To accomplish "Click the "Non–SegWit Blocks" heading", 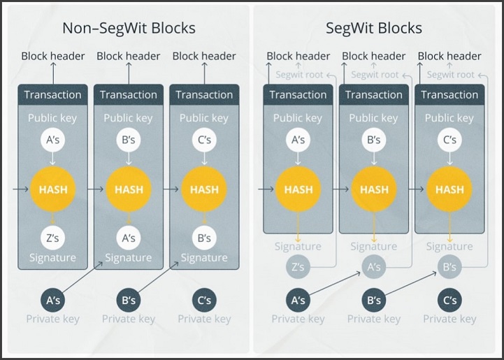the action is point(129,28).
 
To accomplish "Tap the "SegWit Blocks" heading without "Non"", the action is point(374,28).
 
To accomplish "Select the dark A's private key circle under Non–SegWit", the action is point(53,300).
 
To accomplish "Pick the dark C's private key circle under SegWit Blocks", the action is point(449,300).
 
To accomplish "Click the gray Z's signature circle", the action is point(298,266).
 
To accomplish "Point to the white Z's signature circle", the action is point(52,238).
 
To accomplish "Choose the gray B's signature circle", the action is point(449,266).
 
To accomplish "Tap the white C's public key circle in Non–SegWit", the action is point(204,140).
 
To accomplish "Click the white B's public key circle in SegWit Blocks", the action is point(374,140).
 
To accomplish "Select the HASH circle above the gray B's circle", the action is point(449,189).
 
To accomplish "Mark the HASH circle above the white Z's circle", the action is point(53,189).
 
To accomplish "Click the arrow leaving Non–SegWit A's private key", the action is point(82,277).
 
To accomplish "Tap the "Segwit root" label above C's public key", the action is point(450,75).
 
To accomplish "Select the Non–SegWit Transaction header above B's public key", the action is point(129,94).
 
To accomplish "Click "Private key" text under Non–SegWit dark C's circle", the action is point(204,319).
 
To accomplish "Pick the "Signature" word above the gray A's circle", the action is point(374,247).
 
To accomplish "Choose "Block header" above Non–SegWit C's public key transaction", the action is point(204,56).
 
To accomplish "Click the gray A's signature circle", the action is point(374,266).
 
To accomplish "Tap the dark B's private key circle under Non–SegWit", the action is point(129,300).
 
